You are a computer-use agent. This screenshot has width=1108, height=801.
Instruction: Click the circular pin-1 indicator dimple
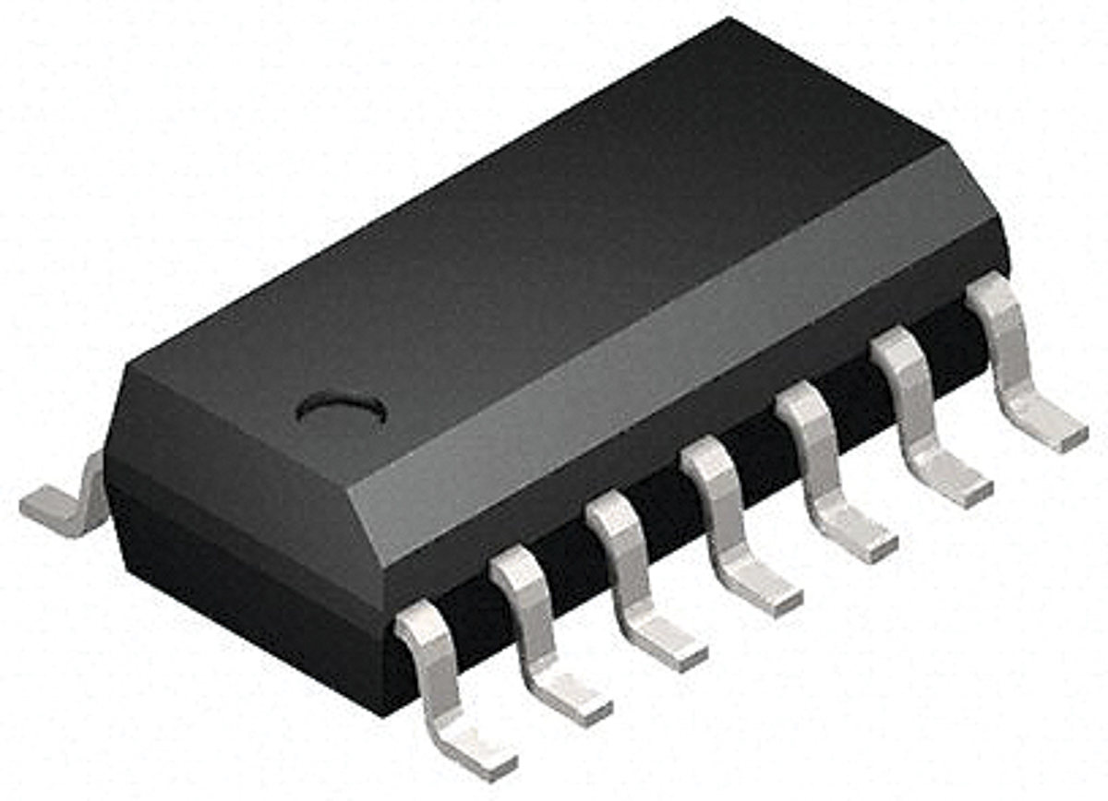click(x=341, y=410)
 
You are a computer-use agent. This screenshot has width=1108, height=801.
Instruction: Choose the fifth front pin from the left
click(x=816, y=461)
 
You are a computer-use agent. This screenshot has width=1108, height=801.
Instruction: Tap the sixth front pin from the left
click(x=910, y=406)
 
